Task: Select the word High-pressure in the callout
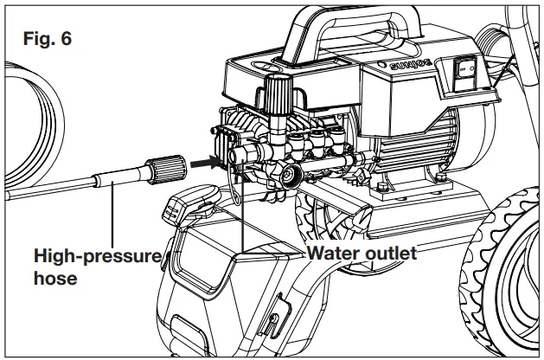point(97,256)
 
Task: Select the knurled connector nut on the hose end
point(165,168)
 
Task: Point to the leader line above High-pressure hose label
point(113,216)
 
